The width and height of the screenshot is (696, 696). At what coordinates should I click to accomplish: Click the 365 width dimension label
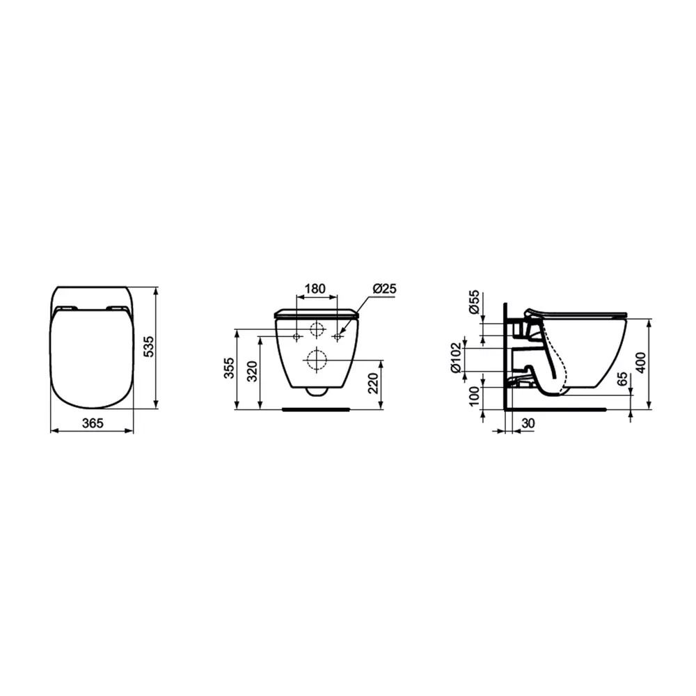click(93, 423)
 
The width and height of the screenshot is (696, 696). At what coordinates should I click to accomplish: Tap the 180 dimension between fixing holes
click(315, 289)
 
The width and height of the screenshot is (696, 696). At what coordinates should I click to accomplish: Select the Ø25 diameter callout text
click(384, 289)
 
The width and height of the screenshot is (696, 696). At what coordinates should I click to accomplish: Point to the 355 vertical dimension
click(229, 367)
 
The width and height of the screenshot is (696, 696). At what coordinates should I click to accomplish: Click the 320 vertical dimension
click(252, 372)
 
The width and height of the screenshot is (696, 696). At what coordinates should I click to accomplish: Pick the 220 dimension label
click(374, 383)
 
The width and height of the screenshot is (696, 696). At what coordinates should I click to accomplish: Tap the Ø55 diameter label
click(474, 302)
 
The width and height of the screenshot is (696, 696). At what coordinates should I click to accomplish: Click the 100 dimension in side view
click(474, 397)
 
